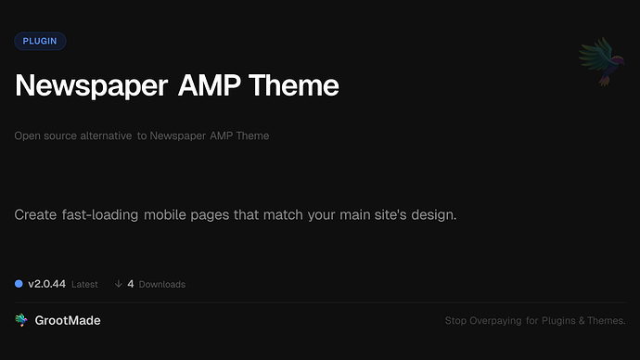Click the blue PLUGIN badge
(x=40, y=41)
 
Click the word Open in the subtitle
(x=26, y=135)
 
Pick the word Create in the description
(x=36, y=215)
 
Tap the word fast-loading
(x=105, y=215)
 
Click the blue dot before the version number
(x=19, y=284)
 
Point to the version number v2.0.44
(x=46, y=284)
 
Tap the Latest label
(x=84, y=284)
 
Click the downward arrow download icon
(x=118, y=284)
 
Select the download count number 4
(x=131, y=284)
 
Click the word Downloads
(x=162, y=284)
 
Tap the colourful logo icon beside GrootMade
(x=21, y=320)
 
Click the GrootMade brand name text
(x=68, y=320)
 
